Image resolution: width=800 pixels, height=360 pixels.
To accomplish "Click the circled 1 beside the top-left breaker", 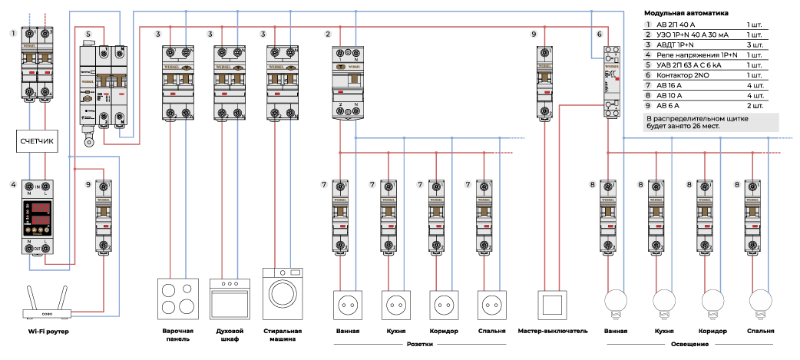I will pos(13,35).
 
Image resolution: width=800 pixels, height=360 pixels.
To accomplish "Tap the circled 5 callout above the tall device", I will pos(88,35).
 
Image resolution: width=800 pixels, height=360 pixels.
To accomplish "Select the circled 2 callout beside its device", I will pos(328,35).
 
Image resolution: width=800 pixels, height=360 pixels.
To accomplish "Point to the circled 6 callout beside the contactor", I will pos(599,35).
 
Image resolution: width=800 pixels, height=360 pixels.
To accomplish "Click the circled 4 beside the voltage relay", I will pos(13,185).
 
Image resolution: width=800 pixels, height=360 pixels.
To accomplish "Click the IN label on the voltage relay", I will pos(37,187).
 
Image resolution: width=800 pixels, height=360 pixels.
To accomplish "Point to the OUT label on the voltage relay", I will pos(37,249).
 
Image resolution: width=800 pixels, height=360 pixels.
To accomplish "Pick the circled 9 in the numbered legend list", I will pos(648,105).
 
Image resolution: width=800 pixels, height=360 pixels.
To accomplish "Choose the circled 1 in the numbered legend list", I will pos(648,25).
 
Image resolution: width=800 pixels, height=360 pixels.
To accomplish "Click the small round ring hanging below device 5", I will pos(88,142).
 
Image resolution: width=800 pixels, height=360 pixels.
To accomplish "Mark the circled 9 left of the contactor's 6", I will pos(534,35).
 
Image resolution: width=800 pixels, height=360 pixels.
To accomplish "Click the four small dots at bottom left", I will pos(46,315).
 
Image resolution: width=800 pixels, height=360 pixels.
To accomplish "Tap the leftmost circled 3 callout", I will pos(157,35).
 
